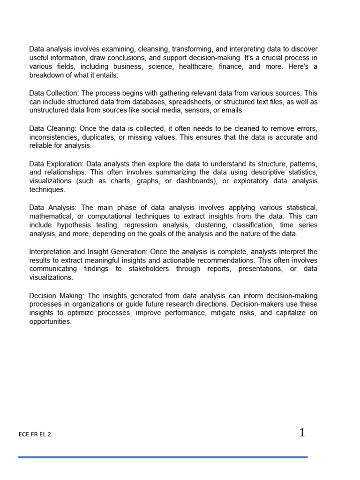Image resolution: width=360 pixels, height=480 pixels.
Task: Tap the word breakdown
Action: point(45,75)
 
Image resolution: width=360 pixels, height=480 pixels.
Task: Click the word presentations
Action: point(260,269)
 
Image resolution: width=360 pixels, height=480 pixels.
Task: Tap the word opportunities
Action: point(50,322)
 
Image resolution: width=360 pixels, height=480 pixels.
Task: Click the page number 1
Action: point(302,433)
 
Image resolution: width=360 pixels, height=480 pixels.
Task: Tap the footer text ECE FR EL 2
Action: point(35,434)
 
